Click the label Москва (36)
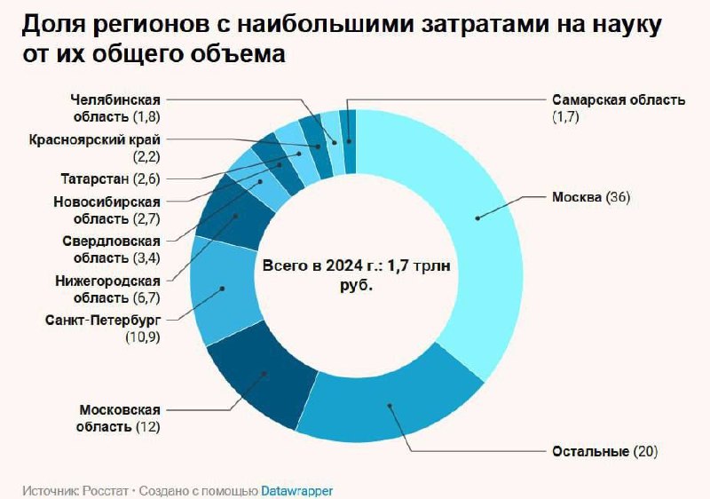click(x=590, y=197)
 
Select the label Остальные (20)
click(x=603, y=452)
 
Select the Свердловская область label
click(x=111, y=249)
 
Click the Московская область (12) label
click(x=120, y=418)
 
